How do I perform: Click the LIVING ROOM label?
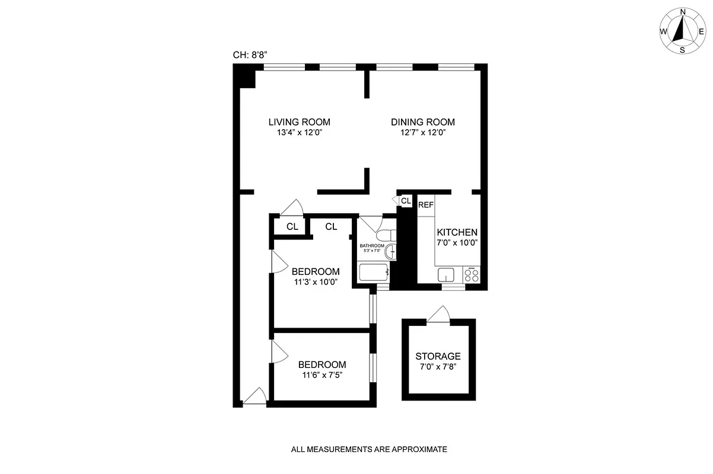click(299, 122)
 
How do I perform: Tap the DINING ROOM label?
click(422, 122)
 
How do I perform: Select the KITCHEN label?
click(457, 232)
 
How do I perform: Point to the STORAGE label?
click(438, 356)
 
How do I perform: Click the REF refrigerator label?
click(426, 205)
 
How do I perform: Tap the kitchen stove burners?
click(473, 274)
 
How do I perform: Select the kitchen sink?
click(446, 274)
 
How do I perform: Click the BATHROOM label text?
click(372, 246)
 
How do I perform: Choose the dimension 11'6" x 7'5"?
click(322, 374)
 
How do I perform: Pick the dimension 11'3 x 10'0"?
click(316, 282)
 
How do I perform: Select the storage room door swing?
click(438, 315)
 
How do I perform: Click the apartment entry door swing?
click(255, 397)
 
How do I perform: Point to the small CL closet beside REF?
click(406, 201)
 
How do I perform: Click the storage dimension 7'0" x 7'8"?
click(438, 367)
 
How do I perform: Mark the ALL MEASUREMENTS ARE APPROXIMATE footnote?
click(368, 449)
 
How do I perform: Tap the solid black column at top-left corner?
click(243, 75)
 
